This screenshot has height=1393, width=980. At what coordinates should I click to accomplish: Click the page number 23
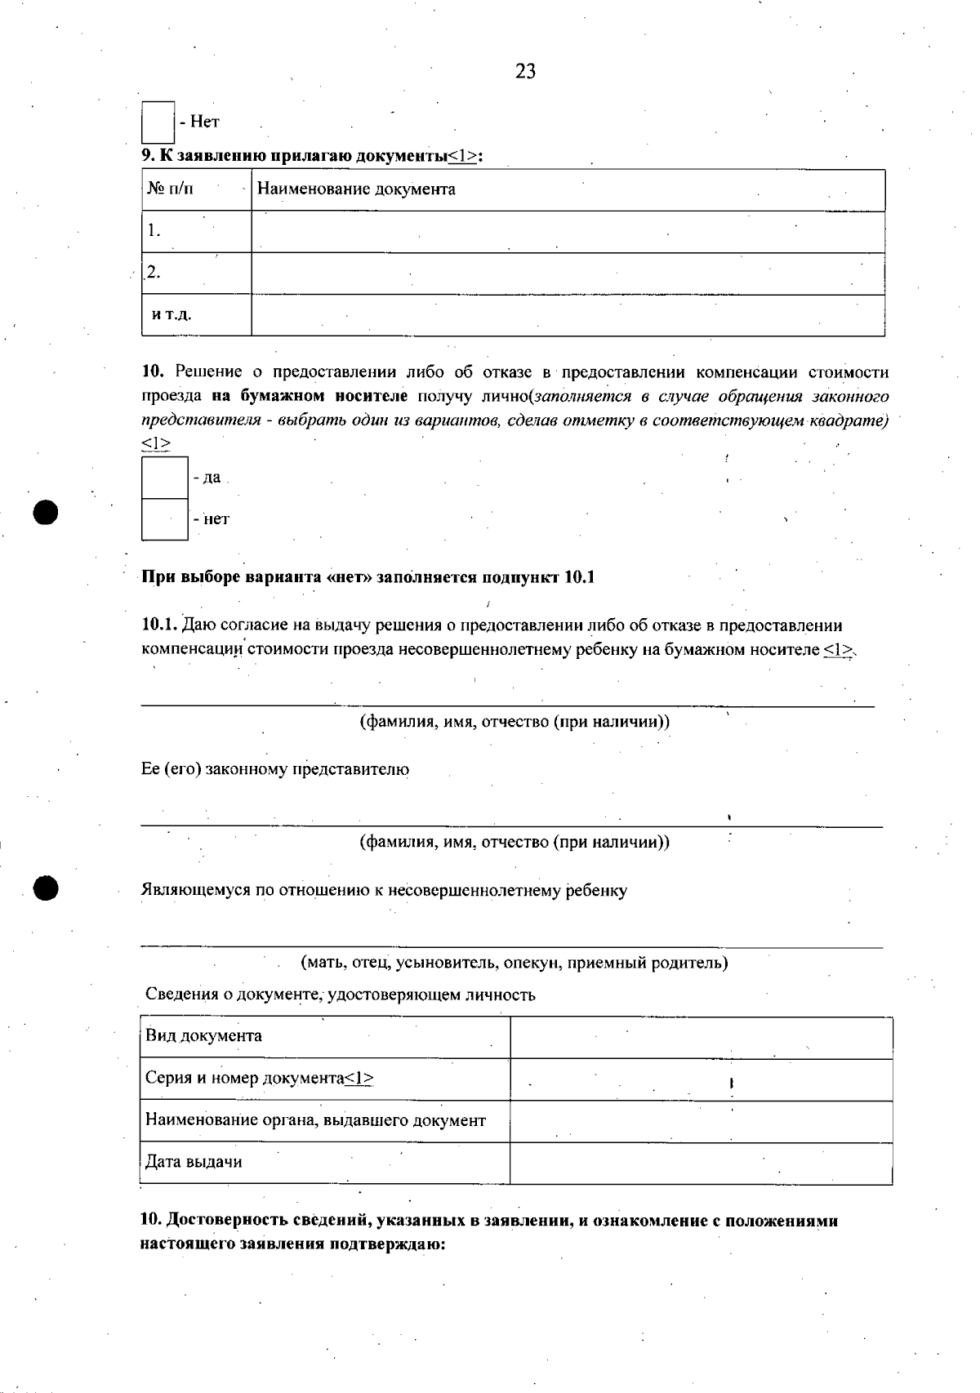[x=525, y=72]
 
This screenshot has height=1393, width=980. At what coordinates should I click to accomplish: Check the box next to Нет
[x=158, y=122]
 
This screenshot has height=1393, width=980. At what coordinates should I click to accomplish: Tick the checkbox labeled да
[x=165, y=478]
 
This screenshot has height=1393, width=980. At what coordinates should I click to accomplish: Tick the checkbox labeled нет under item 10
[x=165, y=519]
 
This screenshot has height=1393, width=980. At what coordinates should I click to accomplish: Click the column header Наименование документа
[x=356, y=189]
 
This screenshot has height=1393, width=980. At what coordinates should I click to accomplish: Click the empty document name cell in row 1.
[x=568, y=232]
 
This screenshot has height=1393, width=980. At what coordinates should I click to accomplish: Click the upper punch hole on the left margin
[x=47, y=512]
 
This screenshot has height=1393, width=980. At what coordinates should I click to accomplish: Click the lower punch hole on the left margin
[x=47, y=888]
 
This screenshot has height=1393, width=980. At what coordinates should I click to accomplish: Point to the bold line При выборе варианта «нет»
[x=368, y=577]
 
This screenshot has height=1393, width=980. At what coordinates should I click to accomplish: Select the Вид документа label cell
[x=325, y=1037]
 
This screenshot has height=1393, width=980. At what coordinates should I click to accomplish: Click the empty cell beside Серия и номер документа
[x=701, y=1079]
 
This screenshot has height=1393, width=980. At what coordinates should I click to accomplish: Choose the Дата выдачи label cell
[x=325, y=1163]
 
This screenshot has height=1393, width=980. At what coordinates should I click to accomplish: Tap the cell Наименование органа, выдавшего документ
[x=325, y=1121]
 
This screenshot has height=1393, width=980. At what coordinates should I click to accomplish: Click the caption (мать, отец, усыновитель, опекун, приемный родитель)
[x=514, y=963]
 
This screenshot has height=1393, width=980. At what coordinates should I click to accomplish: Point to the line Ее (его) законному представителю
[x=275, y=769]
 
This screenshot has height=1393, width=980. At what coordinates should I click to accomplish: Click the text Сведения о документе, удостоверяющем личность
[x=340, y=995]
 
